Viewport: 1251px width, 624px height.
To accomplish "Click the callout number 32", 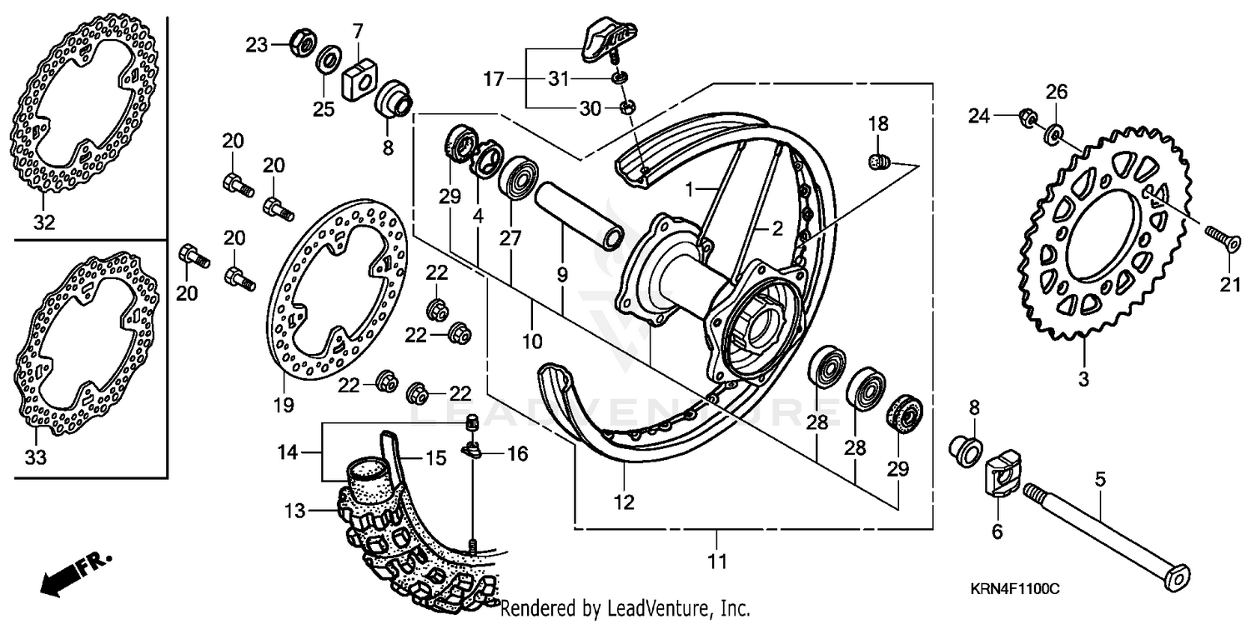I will click(43, 222).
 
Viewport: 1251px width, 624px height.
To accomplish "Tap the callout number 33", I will click(36, 457).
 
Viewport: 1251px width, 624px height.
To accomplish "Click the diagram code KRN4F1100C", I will click(1013, 589).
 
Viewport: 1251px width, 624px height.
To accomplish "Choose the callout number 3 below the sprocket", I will click(1083, 380).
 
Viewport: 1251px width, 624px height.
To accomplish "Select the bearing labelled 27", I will click(517, 177).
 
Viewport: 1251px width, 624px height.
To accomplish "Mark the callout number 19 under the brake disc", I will click(283, 406).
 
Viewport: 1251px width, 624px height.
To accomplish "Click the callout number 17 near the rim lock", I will click(494, 79).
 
